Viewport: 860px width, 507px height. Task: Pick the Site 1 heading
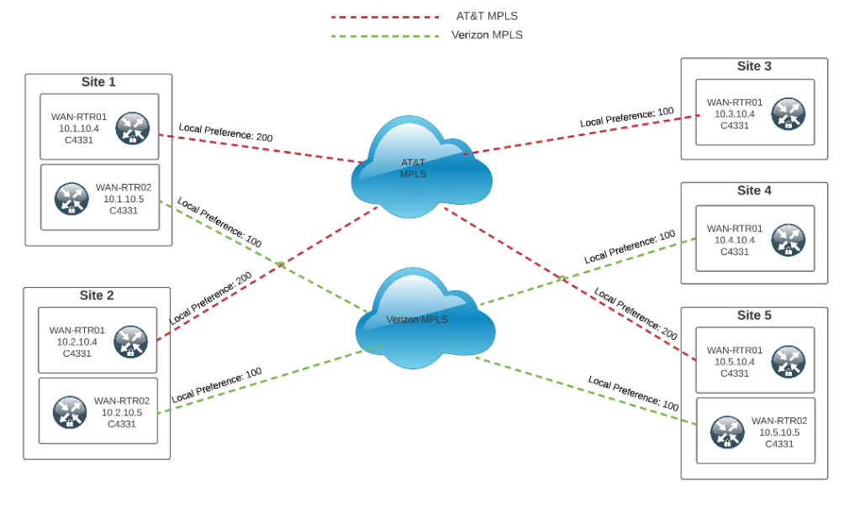[x=98, y=82]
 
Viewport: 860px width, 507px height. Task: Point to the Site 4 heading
[x=754, y=191]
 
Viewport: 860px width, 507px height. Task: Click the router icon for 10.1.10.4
[x=132, y=128]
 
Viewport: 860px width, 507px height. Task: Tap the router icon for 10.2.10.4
[x=130, y=342]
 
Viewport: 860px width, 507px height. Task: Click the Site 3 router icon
[x=788, y=114]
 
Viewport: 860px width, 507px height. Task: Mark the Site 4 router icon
[x=788, y=239]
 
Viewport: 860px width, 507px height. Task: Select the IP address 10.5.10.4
[x=735, y=362]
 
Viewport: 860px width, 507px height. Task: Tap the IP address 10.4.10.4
[x=735, y=240]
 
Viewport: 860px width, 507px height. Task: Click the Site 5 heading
[x=754, y=316]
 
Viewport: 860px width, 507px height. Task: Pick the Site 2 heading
[x=98, y=295]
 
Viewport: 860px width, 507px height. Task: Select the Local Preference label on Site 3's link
[x=627, y=118]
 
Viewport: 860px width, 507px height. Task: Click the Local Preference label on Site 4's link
[x=630, y=248]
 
